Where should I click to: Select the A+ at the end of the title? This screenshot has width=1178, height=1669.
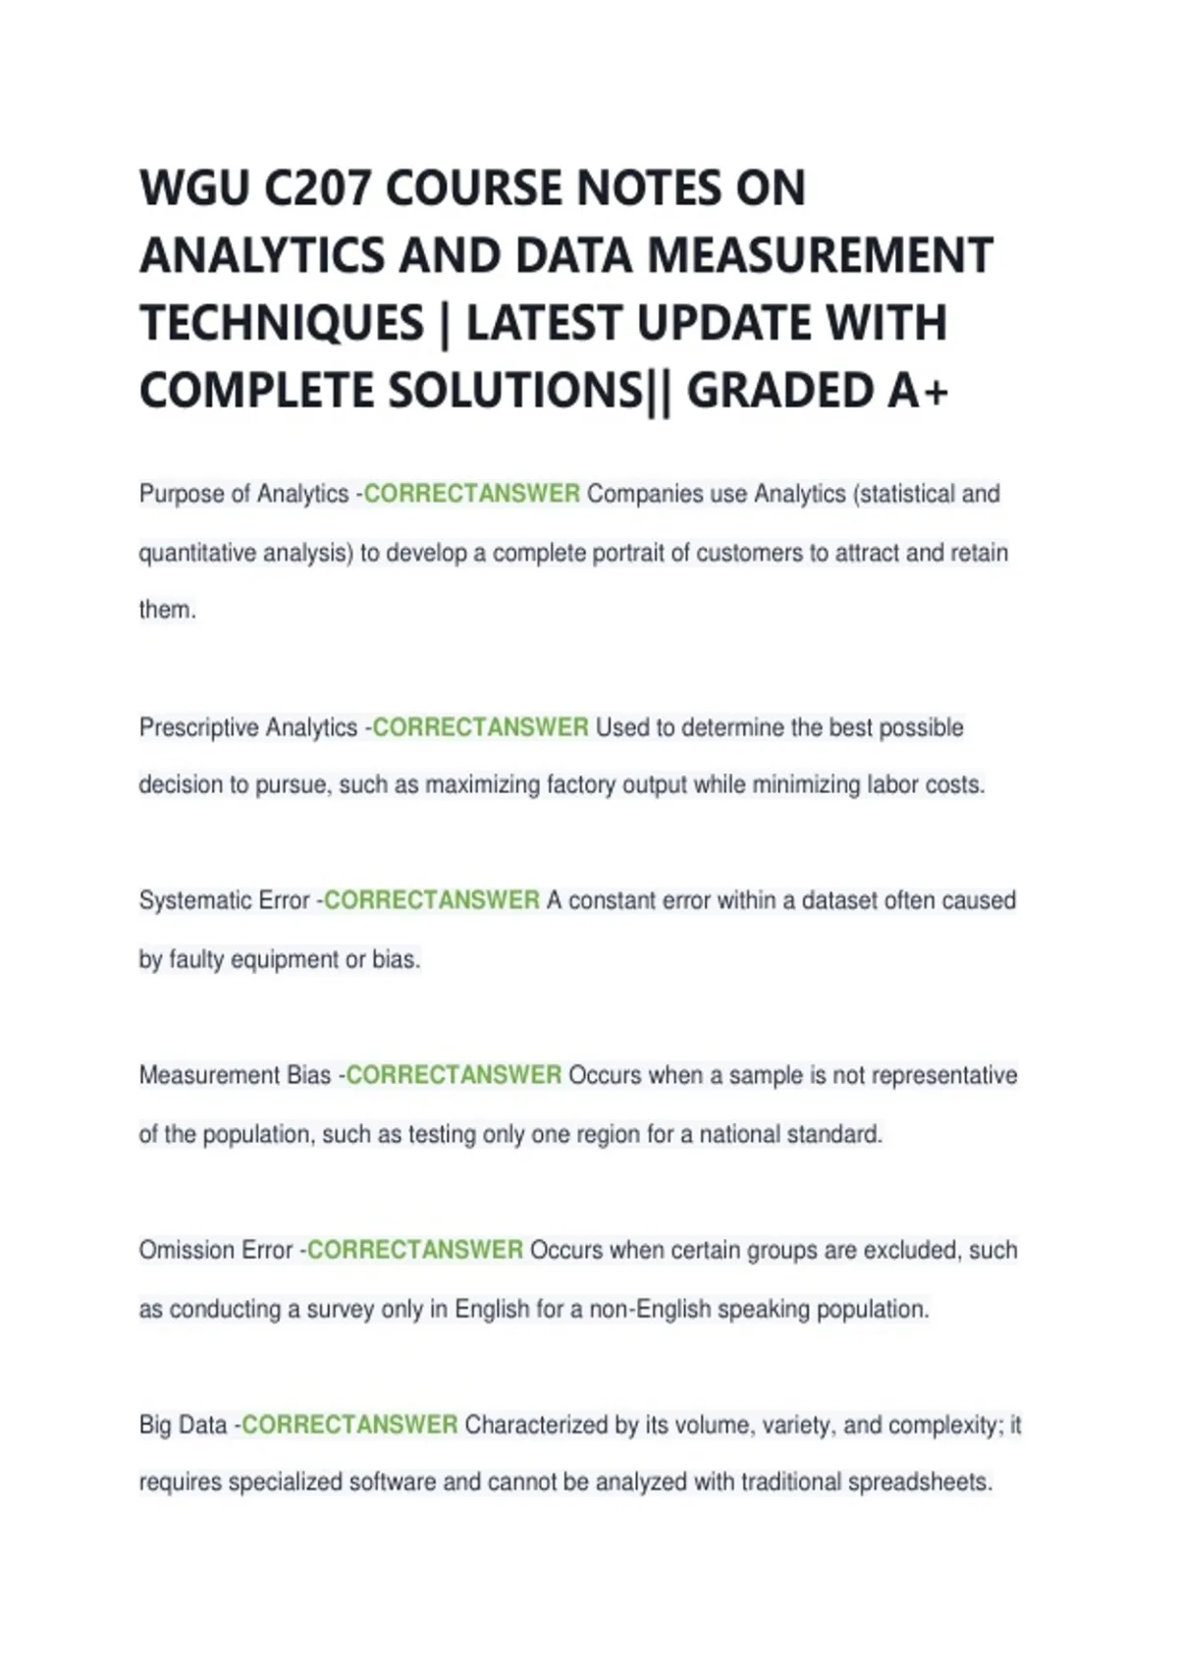click(x=918, y=391)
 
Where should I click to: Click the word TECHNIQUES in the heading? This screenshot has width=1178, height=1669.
click(x=282, y=324)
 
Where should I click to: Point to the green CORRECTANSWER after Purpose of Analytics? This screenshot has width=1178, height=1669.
click(x=471, y=494)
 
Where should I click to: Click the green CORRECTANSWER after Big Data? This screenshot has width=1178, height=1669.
click(x=349, y=1425)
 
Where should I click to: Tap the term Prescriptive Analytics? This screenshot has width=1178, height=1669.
click(x=248, y=727)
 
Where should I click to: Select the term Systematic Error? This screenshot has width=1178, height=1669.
click(x=224, y=900)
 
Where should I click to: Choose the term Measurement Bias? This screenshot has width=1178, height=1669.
click(x=235, y=1075)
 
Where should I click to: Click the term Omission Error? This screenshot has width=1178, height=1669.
click(x=216, y=1250)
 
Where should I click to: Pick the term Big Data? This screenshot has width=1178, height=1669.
click(x=183, y=1425)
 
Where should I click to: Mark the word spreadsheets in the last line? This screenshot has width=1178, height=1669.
click(x=919, y=1482)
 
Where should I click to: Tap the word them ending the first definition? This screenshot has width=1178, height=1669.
click(x=166, y=610)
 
